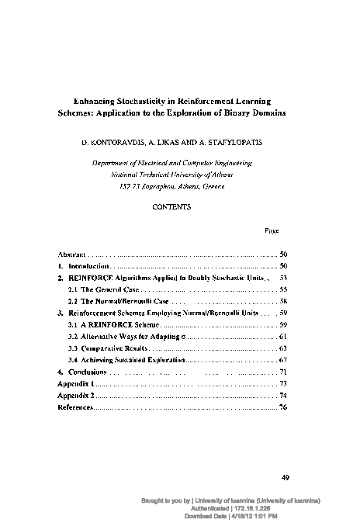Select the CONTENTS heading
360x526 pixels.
click(179, 207)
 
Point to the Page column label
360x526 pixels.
click(272, 230)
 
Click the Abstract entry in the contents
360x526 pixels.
click(72, 254)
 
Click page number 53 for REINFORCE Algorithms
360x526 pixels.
click(283, 277)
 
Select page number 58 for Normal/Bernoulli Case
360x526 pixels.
click(283, 299)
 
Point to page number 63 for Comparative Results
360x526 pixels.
click(283, 349)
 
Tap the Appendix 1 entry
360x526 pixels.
click(76, 383)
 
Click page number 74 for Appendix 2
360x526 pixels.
click(283, 395)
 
